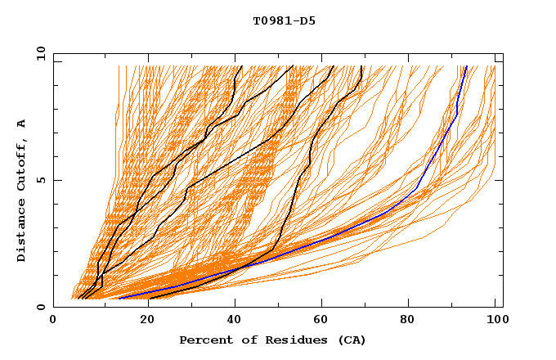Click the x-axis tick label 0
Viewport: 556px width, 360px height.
coord(53,320)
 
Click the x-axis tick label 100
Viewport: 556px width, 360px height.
coord(495,320)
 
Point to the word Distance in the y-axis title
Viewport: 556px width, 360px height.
coord(21,229)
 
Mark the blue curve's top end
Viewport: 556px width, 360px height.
coord(466,66)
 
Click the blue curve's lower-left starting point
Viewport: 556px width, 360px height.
coord(119,298)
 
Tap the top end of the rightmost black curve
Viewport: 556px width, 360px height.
coord(361,66)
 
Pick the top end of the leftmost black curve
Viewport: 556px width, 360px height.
coord(241,66)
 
